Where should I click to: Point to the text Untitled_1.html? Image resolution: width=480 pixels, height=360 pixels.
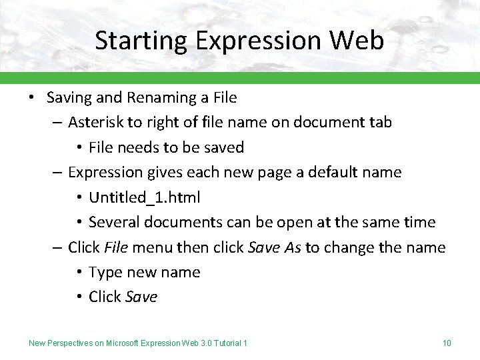click(x=144, y=197)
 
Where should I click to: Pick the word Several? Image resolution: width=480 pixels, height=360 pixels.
click(x=114, y=222)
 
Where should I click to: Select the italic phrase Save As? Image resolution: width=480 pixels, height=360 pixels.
click(x=275, y=247)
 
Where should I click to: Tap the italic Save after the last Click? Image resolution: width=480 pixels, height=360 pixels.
click(x=141, y=297)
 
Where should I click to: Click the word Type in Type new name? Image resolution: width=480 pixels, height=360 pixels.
click(x=105, y=273)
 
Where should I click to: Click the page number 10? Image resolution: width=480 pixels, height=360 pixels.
click(x=447, y=343)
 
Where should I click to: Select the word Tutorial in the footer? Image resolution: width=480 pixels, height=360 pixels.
click(x=227, y=343)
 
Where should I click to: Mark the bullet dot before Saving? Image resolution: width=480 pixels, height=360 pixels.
click(x=32, y=98)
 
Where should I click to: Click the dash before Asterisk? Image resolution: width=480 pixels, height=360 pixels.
click(x=59, y=123)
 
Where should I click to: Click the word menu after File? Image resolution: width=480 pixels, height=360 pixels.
click(x=153, y=247)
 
